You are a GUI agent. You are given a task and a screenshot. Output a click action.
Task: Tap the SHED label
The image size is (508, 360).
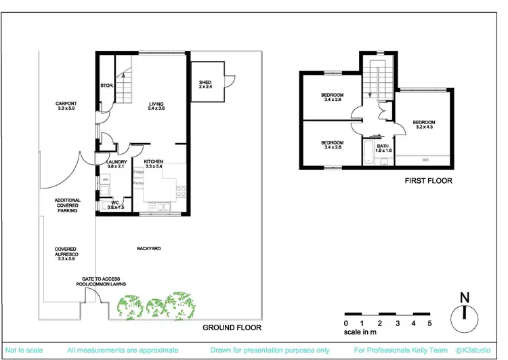click(205, 85)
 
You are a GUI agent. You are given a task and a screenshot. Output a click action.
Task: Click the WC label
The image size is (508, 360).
click(116, 204)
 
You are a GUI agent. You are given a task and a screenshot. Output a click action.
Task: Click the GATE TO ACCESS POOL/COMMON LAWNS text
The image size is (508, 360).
click(100, 282)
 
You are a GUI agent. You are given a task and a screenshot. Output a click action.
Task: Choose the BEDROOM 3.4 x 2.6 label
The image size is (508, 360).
click(332, 96)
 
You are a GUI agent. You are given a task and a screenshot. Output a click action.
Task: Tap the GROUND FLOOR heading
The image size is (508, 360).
click(232, 327)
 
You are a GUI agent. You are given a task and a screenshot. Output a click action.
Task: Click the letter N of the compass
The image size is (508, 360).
click(463, 297)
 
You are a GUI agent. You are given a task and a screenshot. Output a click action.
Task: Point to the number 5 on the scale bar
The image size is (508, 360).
click(429, 323)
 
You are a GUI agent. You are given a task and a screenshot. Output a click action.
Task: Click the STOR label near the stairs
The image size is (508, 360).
click(106, 86)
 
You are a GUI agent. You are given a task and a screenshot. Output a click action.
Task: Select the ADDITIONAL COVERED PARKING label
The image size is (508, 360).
click(68, 205)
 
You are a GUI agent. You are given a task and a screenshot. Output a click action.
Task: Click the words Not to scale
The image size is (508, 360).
click(22, 351)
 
